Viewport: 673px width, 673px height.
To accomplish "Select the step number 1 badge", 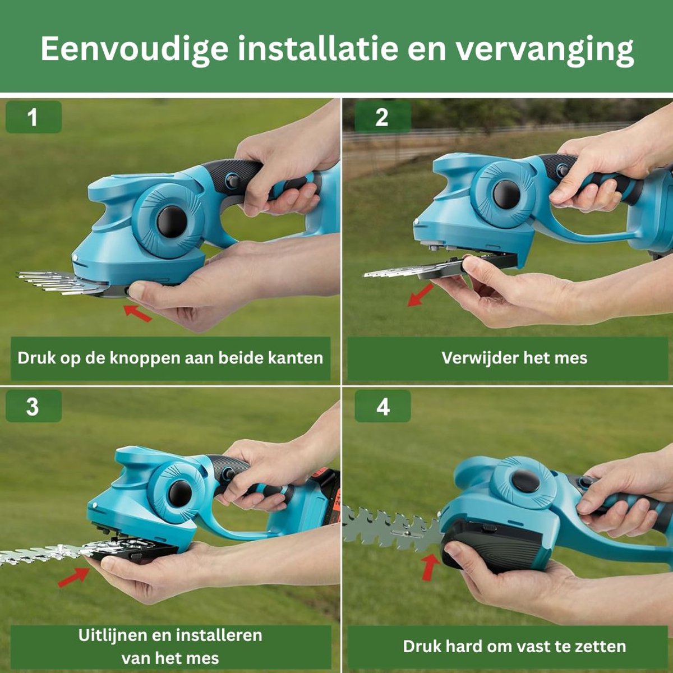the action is click(34, 117).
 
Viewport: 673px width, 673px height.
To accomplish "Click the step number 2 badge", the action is click(382, 117).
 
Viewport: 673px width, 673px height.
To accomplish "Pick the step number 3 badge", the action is click(34, 406).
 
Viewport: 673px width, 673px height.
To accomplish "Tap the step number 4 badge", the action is click(382, 406).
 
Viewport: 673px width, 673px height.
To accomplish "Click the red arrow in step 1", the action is click(138, 313).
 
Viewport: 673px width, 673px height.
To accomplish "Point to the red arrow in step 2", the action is click(421, 295).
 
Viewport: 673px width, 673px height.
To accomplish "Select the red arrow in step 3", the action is click(73, 577).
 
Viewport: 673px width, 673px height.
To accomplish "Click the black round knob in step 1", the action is click(172, 222).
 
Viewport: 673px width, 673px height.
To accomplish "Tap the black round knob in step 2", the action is click(506, 194).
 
